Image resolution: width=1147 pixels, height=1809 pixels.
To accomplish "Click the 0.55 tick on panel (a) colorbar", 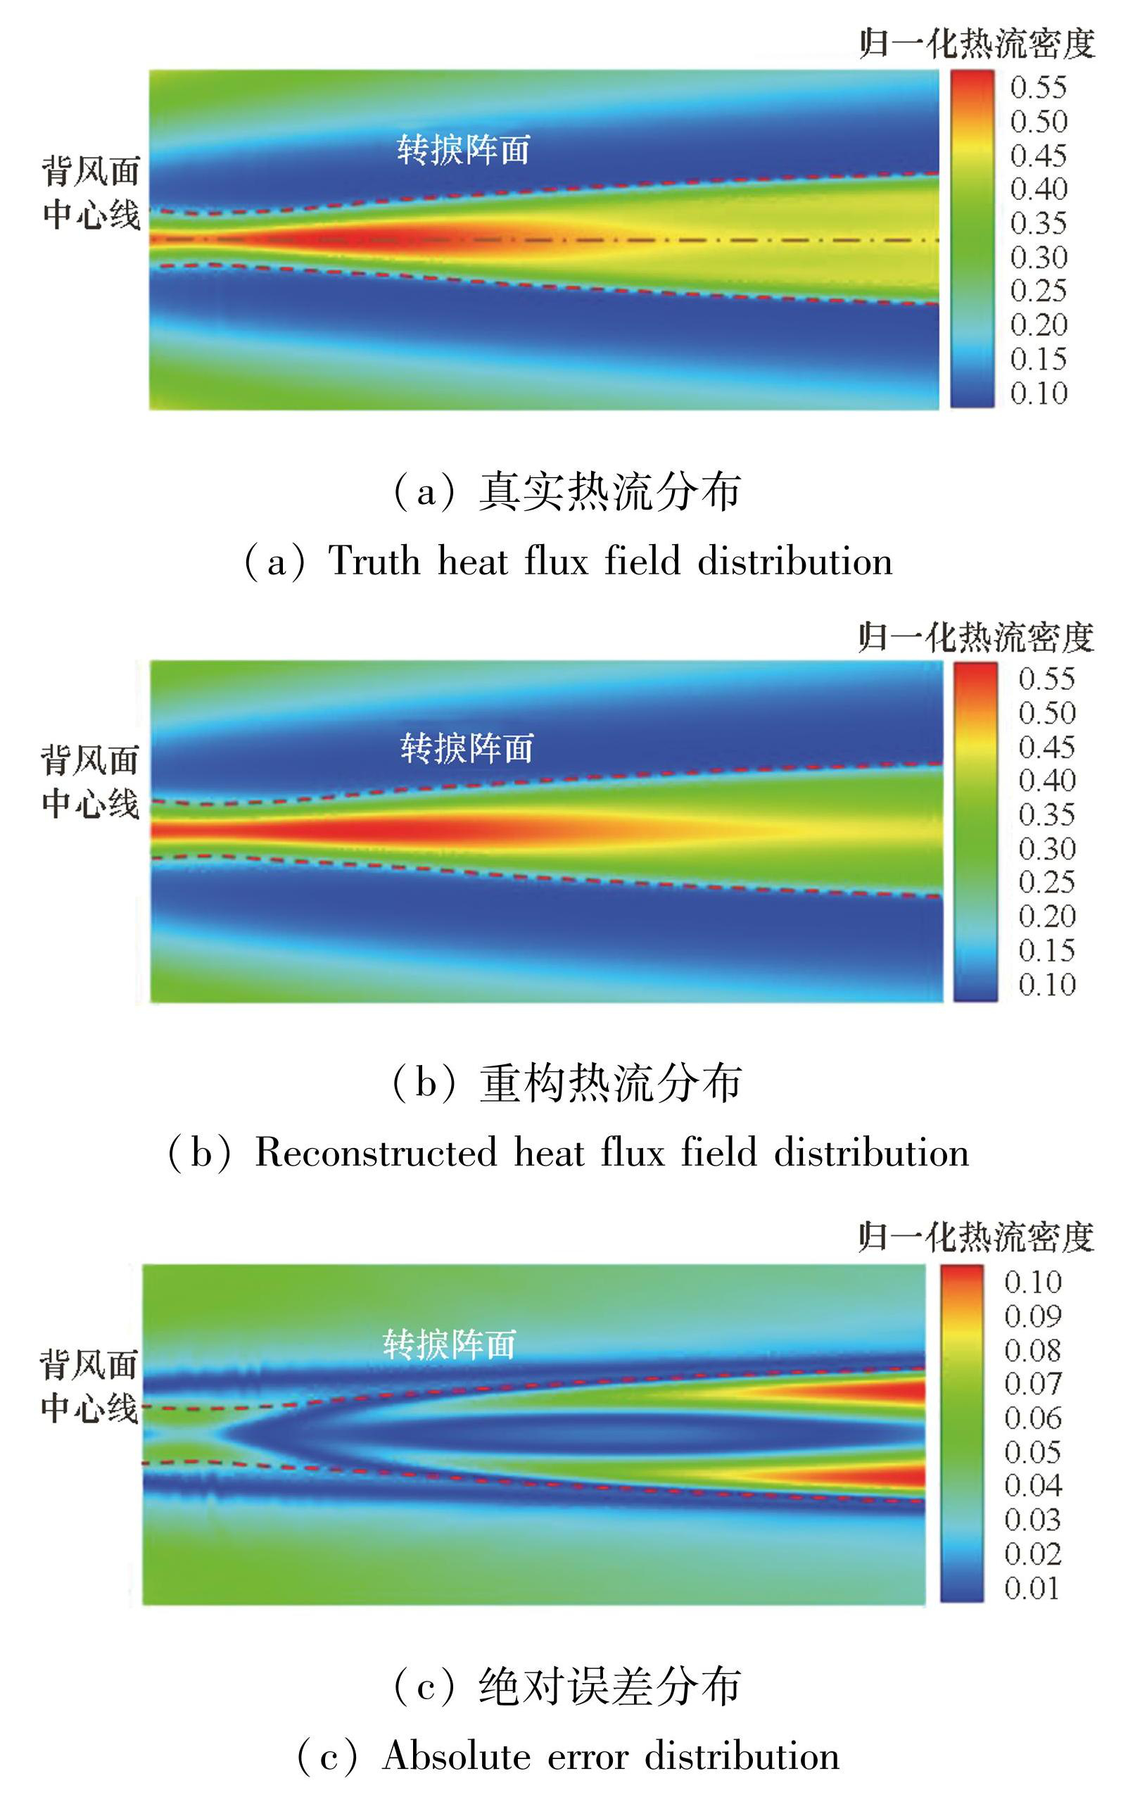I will pyautogui.click(x=1038, y=87).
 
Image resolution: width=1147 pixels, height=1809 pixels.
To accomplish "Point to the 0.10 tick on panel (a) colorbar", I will pyautogui.click(x=1038, y=393).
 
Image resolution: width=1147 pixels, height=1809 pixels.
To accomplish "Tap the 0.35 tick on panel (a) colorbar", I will pyautogui.click(x=1038, y=223).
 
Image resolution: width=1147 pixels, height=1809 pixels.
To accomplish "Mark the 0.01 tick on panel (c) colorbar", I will pyautogui.click(x=1033, y=1588).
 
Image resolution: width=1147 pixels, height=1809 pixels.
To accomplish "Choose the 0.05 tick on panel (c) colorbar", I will pyautogui.click(x=1033, y=1452).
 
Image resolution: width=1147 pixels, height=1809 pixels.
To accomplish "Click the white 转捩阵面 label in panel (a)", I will pyautogui.click(x=464, y=149).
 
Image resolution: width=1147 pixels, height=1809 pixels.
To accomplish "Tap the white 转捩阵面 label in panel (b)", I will pyautogui.click(x=467, y=748).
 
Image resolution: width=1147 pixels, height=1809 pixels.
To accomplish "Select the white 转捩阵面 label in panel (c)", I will pyautogui.click(x=449, y=1344).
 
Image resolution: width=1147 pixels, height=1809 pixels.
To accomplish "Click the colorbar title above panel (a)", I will pyautogui.click(x=977, y=44).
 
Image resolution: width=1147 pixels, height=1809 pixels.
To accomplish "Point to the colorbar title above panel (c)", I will pyautogui.click(x=976, y=1237).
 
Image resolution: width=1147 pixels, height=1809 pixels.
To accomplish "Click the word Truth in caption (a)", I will pyautogui.click(x=374, y=561).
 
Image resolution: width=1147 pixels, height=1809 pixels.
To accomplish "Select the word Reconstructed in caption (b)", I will pyautogui.click(x=376, y=1152).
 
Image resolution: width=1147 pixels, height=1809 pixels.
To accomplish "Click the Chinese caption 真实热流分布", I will pyautogui.click(x=610, y=492).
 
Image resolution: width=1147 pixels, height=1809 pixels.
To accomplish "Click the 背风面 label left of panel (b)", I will pyautogui.click(x=90, y=760).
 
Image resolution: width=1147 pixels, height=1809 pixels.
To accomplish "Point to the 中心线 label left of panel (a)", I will pyautogui.click(x=91, y=215).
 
